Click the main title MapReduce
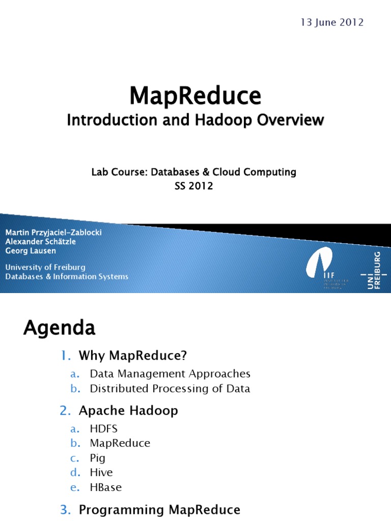coord(195,95)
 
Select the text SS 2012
coord(193,186)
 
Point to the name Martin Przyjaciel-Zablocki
coord(53,232)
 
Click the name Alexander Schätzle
coord(40,242)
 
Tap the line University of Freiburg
coord(45,267)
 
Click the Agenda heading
coord(59,328)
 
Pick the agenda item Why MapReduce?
coord(129,356)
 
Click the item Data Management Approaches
coord(170,373)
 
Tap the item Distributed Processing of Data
coord(170,389)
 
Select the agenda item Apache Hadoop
coord(128,411)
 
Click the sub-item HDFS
coord(104,428)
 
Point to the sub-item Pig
coord(98,458)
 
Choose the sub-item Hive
coord(101,473)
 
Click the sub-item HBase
coord(106,487)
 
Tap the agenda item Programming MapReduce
coord(159,509)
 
